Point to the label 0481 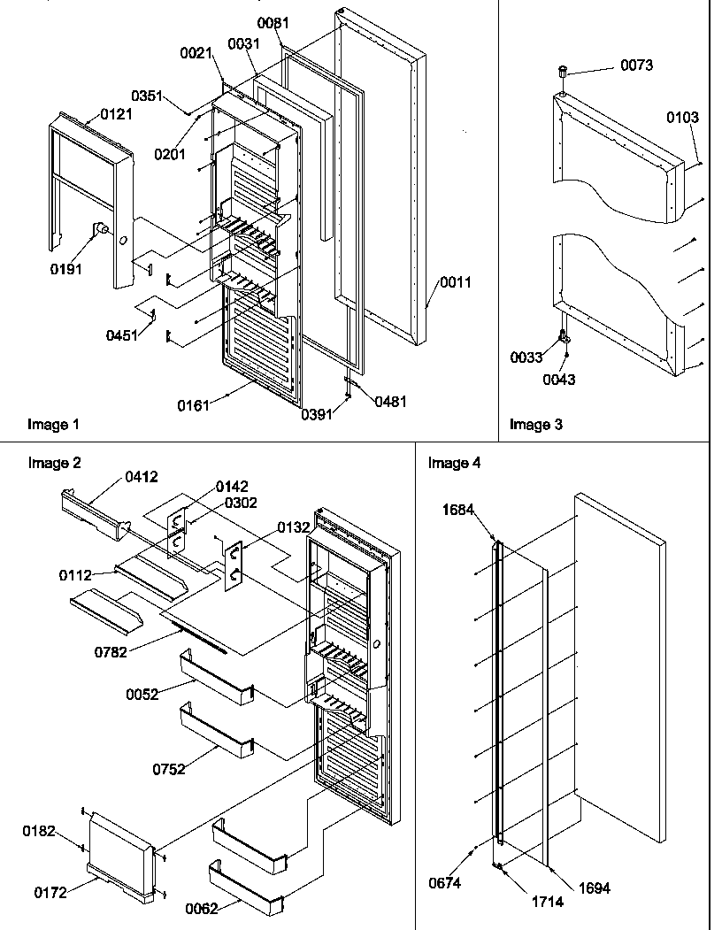[390, 401]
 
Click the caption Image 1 [53, 425]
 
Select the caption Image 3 [535, 425]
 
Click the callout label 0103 [683, 117]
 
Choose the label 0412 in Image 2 [142, 478]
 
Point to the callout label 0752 [168, 770]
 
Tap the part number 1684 [458, 509]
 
